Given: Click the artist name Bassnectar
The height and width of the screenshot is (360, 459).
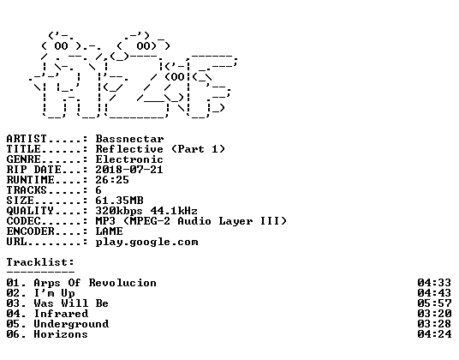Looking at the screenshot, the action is pos(129,139).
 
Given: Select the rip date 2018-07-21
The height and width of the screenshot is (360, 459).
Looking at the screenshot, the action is pos(129,170).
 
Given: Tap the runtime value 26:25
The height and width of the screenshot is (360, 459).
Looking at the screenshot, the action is pos(112,180).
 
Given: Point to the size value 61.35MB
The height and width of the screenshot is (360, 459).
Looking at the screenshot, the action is pos(119,201).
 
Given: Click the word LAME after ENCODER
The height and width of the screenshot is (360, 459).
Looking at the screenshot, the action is pos(110,231).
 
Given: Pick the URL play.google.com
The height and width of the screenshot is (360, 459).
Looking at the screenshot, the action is pos(147,242).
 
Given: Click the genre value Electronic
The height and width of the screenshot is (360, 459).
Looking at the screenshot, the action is pos(129,159).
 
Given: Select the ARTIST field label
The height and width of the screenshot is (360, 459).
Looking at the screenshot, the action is pos(27,139).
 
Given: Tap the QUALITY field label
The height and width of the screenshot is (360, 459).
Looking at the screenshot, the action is pos(30,211).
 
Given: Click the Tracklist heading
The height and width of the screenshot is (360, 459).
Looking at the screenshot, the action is pos(40,262).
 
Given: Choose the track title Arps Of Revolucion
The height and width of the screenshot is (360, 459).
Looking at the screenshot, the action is pos(95,283).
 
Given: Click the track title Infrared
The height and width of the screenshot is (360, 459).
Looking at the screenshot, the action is pos(61,314).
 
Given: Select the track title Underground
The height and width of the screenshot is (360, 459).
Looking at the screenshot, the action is pos(71,324).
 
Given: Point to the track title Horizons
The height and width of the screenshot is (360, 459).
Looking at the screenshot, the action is pos(61,334).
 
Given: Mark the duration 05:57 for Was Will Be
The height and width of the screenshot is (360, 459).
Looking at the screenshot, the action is pos(434,303).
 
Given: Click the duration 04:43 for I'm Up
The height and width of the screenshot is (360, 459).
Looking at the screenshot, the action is pos(434,293).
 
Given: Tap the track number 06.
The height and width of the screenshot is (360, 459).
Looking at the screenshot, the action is pos(13,334).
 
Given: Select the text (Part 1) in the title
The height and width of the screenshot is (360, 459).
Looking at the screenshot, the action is pos(198,149).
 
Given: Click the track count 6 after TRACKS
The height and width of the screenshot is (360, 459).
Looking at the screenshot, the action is pos(98,190).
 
